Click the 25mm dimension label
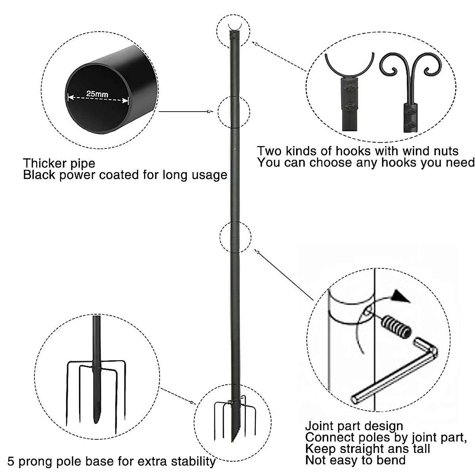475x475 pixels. point(97,94)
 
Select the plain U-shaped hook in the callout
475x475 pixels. point(349,67)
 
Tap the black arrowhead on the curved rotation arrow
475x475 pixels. point(400,296)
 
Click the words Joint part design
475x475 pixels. point(354,426)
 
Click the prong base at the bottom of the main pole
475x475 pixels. point(234,420)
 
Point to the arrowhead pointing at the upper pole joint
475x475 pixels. point(210,112)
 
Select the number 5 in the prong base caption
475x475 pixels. point(11,462)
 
